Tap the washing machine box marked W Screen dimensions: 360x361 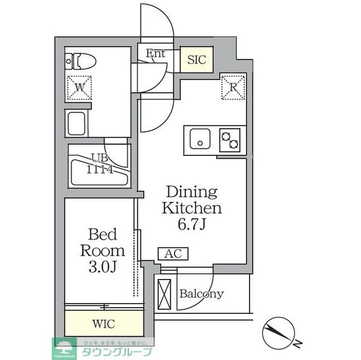click(79, 87)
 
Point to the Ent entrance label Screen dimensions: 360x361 click(155, 54)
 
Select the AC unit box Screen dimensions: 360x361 click(173, 254)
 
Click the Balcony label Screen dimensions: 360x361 click(201, 294)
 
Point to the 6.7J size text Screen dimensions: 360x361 click(192, 225)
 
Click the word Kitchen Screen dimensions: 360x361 click(192, 209)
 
